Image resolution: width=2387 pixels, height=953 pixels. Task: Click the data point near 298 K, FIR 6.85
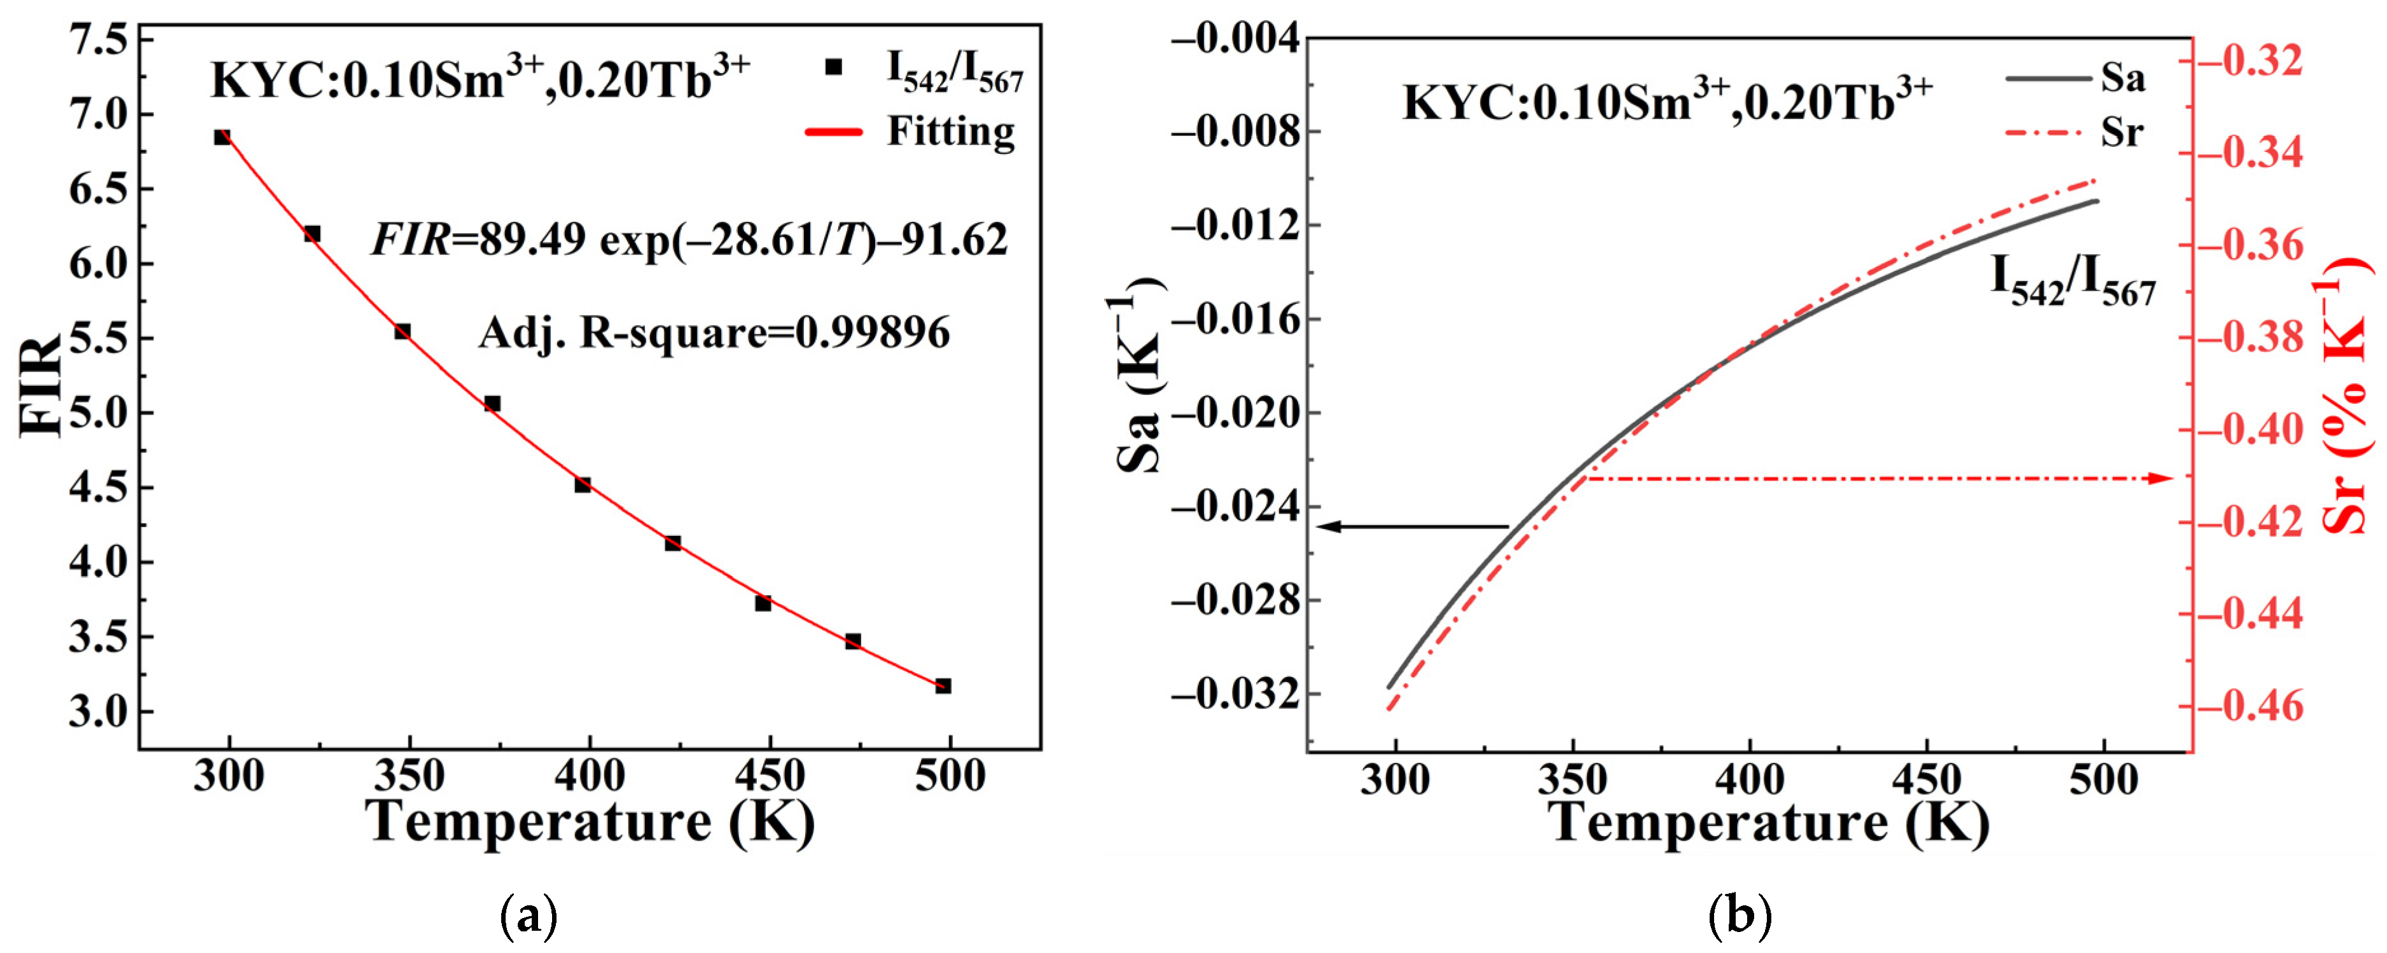pyautogui.click(x=223, y=137)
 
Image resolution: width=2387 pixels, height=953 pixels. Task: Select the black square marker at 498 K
pyautogui.click(x=943, y=686)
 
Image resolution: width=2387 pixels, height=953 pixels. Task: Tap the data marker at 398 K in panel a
pyautogui.click(x=583, y=484)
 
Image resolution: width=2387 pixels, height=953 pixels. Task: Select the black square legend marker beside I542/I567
pyautogui.click(x=834, y=67)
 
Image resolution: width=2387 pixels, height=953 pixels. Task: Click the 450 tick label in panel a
pyautogui.click(x=769, y=775)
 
